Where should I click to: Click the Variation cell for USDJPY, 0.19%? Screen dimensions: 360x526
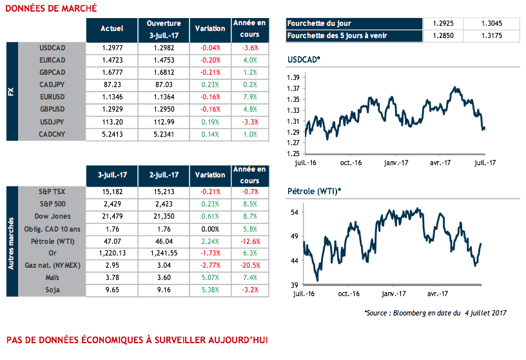click(210, 121)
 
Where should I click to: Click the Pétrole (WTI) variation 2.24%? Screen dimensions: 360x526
click(210, 241)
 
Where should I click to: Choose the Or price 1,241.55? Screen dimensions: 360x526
click(162, 253)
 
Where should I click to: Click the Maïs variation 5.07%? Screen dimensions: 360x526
click(210, 277)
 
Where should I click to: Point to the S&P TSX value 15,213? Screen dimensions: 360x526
click(162, 192)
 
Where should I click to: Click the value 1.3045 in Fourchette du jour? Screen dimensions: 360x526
click(492, 23)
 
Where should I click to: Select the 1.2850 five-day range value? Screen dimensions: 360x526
click(442, 35)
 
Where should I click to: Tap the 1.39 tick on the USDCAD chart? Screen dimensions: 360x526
click(292, 77)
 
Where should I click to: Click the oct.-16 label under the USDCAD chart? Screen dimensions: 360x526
click(351, 163)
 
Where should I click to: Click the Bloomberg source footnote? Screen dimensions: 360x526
click(435, 313)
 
